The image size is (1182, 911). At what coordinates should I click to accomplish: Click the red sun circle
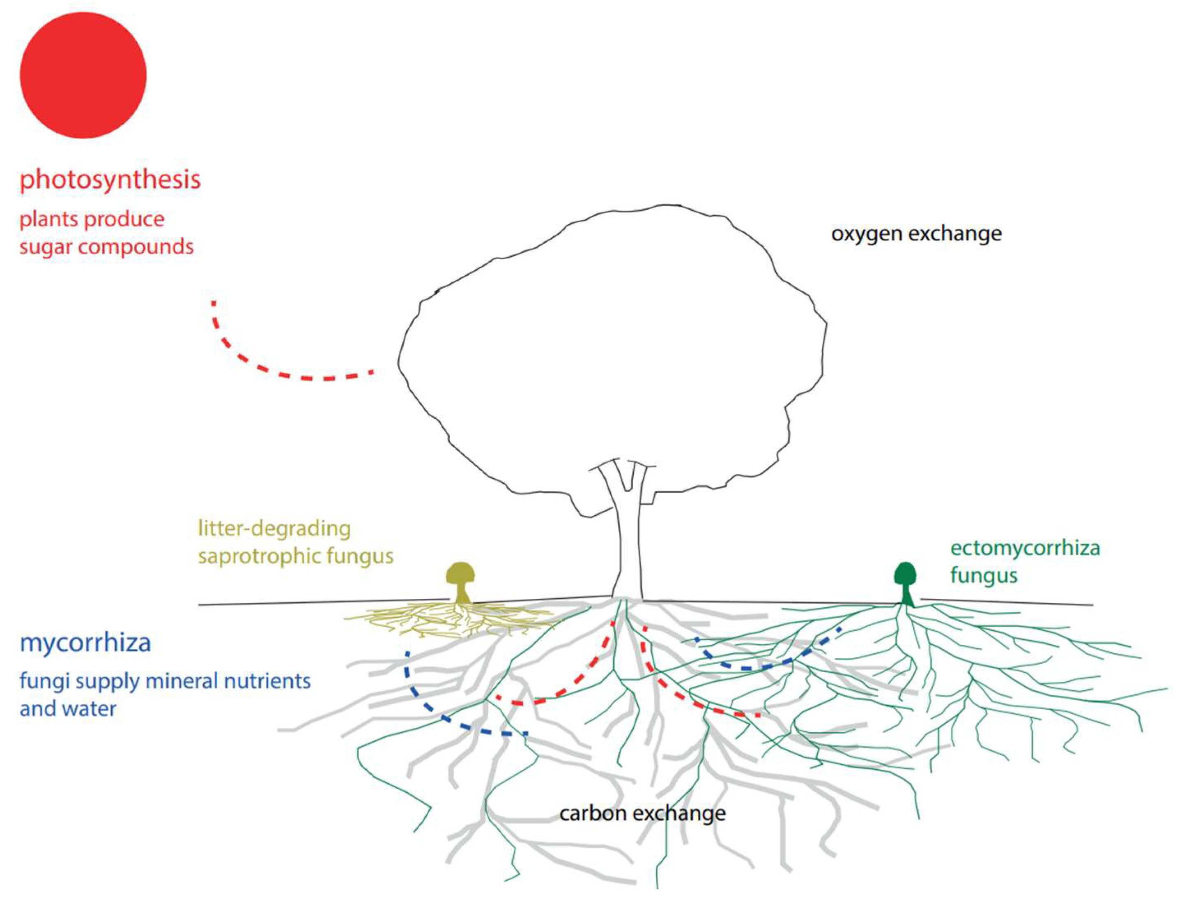point(83,75)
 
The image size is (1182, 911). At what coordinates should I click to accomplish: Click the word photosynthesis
point(110,179)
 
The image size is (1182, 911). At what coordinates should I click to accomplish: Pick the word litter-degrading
point(274,528)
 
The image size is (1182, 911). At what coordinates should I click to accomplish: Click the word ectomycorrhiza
point(1025,548)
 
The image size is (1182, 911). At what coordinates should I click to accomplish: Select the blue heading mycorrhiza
point(85,643)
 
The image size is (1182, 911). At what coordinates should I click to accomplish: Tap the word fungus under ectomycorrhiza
point(983,576)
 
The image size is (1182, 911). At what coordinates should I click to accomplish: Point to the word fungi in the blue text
point(44,681)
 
